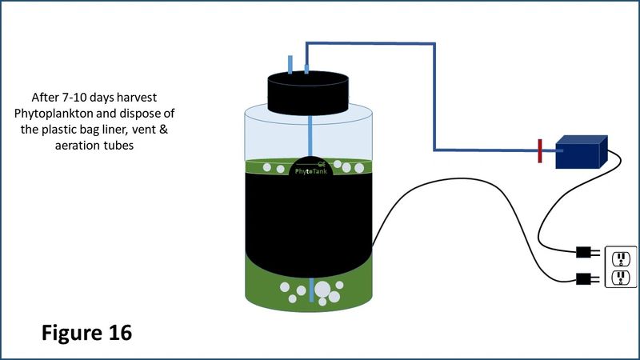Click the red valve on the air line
pos(540,151)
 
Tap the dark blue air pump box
pos(582,152)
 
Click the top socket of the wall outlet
pos(621,258)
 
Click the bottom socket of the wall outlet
pos(621,278)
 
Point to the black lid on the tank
pos(308,93)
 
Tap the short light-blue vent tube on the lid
pos(290,65)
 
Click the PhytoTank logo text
pos(311,171)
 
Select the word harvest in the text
pos(137,98)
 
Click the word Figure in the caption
pos(72,334)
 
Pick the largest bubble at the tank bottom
pos(322,289)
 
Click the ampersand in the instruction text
pos(163,130)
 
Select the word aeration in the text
pos(76,146)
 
